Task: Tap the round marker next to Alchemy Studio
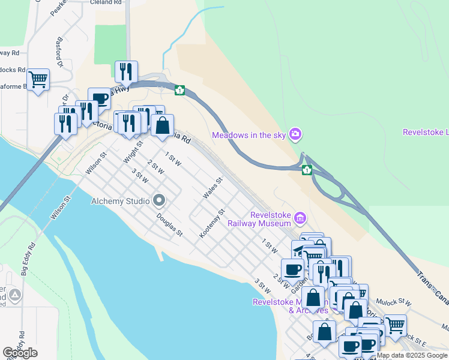coord(159,199)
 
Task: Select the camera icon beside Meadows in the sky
coord(295,134)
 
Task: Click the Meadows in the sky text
coord(249,135)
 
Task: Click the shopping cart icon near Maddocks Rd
coord(38,79)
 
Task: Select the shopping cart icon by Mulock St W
coord(394,325)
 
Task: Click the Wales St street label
coord(212,188)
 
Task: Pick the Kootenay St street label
coord(211,223)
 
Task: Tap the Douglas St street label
coord(169,224)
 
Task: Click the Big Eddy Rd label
coord(28,259)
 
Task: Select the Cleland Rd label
coord(106,2)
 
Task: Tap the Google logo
coord(20,353)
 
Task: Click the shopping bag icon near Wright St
coord(162,125)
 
